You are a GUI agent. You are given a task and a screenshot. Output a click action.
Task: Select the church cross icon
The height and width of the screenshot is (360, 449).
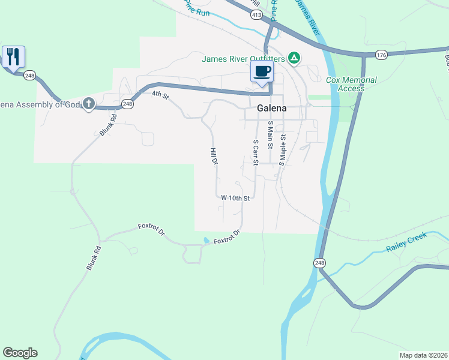click(89, 104)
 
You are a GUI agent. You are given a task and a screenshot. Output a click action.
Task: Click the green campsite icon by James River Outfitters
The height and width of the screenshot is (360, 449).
click(294, 58)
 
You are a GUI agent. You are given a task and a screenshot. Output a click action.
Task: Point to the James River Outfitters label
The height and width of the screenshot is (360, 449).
click(243, 59)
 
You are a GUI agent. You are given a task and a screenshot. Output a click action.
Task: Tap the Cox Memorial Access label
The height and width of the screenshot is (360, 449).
click(351, 84)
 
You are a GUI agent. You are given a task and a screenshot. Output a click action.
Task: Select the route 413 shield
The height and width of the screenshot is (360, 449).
click(256, 15)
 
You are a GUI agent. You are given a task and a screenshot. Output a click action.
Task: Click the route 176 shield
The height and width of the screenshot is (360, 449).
click(382, 55)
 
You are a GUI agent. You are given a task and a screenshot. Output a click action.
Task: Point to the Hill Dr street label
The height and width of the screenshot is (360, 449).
click(213, 157)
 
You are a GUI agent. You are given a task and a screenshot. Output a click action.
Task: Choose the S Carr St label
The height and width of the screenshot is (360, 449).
click(256, 152)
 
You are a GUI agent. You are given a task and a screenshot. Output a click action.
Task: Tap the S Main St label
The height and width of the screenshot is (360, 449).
click(270, 134)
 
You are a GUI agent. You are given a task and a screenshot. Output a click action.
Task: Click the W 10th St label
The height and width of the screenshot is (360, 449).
click(235, 197)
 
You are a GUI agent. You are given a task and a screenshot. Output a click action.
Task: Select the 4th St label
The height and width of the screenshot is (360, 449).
click(160, 94)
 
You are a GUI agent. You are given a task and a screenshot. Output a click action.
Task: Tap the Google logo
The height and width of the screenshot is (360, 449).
click(20, 353)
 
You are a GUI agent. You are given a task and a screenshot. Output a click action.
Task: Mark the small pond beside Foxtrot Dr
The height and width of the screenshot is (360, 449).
click(206, 241)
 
